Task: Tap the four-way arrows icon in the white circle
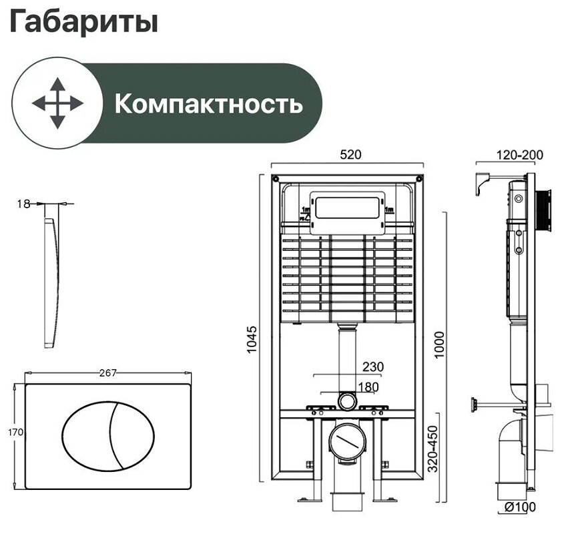[x=57, y=103]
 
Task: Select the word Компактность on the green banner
[x=208, y=104]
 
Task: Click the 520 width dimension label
[x=350, y=154]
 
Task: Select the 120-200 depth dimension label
[x=520, y=155]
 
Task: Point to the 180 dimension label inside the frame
[x=368, y=387]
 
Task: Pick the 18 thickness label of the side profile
[x=25, y=205]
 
